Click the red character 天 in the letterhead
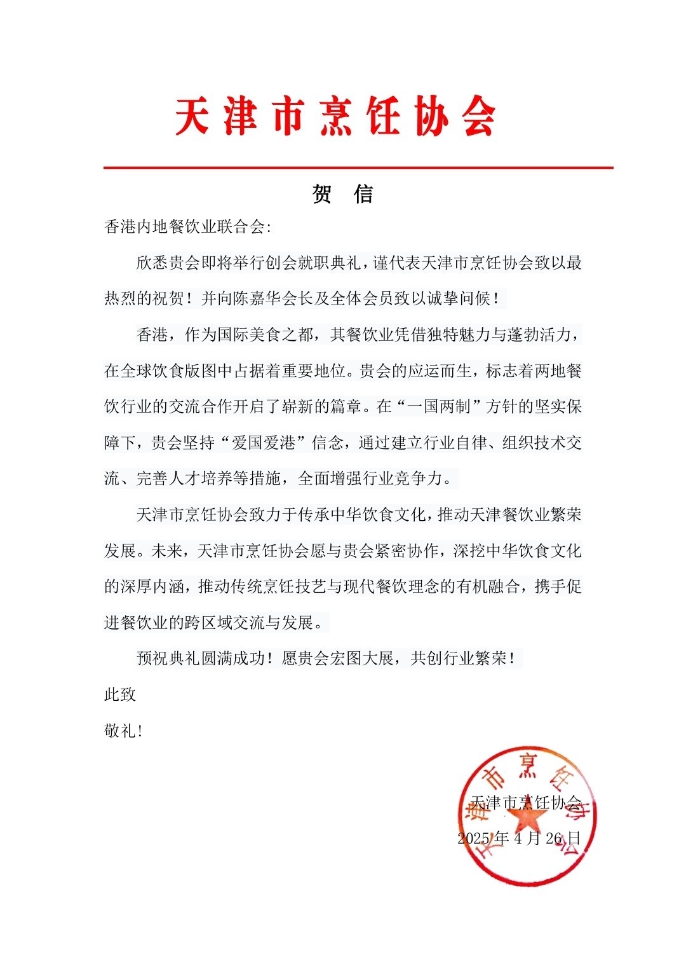192,117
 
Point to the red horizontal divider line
358,168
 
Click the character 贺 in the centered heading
322,194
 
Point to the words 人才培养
201,478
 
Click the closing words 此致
120,694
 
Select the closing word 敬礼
120,730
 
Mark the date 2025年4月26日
519,838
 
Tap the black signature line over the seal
526,803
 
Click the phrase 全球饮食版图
168,371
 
